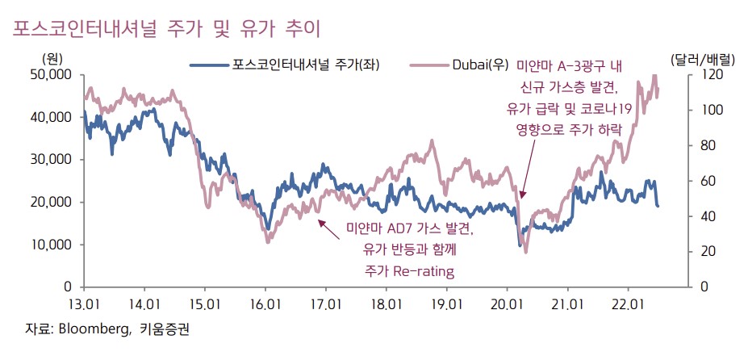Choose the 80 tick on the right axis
click(x=700, y=146)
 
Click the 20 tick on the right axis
click(x=700, y=252)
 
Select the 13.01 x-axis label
click(x=84, y=304)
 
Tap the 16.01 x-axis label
click(x=265, y=304)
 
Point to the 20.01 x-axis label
click(x=507, y=304)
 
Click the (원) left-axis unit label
click(x=52, y=58)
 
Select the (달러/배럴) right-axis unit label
click(x=702, y=58)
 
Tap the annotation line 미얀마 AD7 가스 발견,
click(x=409, y=229)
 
